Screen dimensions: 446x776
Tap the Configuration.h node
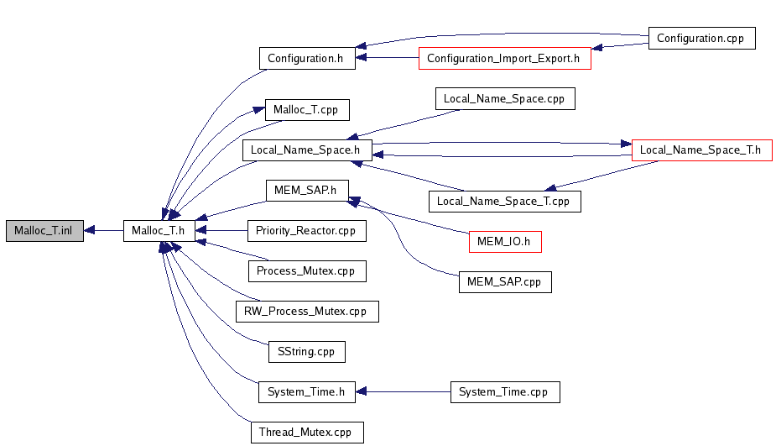pyautogui.click(x=306, y=59)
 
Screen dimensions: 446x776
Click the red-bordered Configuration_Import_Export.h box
pyautogui.click(x=504, y=59)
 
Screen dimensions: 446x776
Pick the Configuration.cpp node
pyautogui.click(x=701, y=39)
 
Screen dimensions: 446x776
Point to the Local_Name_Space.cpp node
pyautogui.click(x=505, y=99)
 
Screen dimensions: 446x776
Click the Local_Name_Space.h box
pyautogui.click(x=307, y=150)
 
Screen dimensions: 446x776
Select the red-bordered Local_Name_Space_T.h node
pyautogui.click(x=701, y=150)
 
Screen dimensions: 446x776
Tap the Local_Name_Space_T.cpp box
pyautogui.click(x=504, y=202)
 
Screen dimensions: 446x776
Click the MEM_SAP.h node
pyautogui.click(x=305, y=191)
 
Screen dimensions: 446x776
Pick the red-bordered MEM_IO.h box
pyautogui.click(x=505, y=242)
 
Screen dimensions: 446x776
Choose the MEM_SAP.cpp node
pyautogui.click(x=505, y=282)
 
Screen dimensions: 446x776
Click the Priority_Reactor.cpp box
pyautogui.click(x=306, y=231)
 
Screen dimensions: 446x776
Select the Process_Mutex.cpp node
pyautogui.click(x=307, y=271)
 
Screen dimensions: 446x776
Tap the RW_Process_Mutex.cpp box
pyautogui.click(x=307, y=312)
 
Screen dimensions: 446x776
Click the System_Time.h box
pyautogui.click(x=306, y=391)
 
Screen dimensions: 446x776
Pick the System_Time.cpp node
pyautogui.click(x=505, y=391)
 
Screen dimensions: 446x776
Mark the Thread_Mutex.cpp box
pyautogui.click(x=307, y=432)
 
